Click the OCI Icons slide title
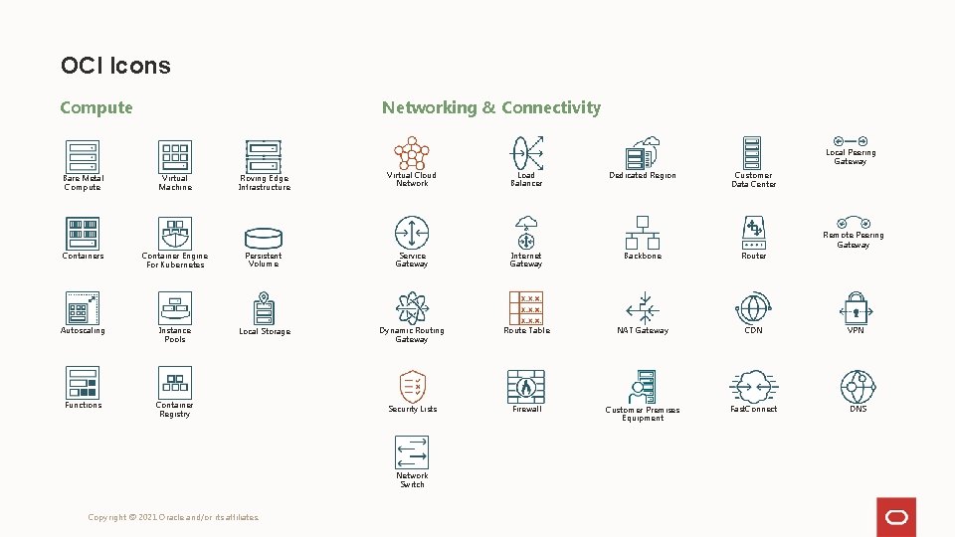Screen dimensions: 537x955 pos(115,66)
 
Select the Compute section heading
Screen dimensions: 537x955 pos(95,107)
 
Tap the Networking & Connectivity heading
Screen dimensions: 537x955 pos(491,107)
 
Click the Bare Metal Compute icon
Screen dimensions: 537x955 pos(83,156)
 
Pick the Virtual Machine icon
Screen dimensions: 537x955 pos(175,156)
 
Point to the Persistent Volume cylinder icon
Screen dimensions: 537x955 pos(264,238)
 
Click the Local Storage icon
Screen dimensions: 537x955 pos(264,308)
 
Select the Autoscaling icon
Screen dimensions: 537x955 pos(83,308)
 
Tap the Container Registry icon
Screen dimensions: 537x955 pos(175,383)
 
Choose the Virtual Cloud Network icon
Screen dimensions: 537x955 pos(412,154)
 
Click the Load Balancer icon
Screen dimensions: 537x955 pos(526,154)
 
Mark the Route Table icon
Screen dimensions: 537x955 pos(526,308)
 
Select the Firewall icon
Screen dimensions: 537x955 pos(526,386)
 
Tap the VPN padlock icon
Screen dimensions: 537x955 pos(856,308)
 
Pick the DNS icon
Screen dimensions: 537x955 pos(858,386)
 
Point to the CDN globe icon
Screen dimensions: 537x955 pos(753,308)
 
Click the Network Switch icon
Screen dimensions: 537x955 pos(412,452)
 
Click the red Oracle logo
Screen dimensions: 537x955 pos(896,517)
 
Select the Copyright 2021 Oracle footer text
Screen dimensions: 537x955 pos(174,517)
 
